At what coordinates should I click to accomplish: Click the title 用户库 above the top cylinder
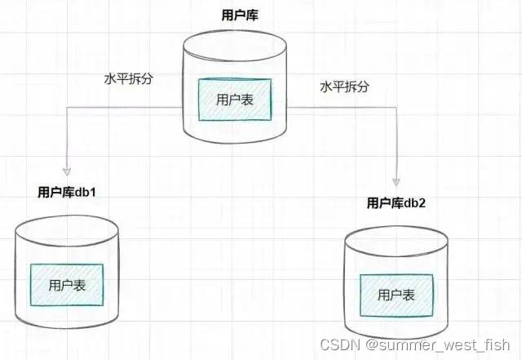[x=237, y=16]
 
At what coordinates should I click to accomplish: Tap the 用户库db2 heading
[x=396, y=202]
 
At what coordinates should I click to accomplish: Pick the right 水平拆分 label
[x=344, y=87]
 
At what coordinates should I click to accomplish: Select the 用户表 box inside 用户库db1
[x=67, y=285]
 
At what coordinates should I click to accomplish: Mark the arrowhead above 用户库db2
[x=396, y=180]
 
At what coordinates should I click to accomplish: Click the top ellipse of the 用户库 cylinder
[x=237, y=45]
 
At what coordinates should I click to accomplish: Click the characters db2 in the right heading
[x=415, y=202]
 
